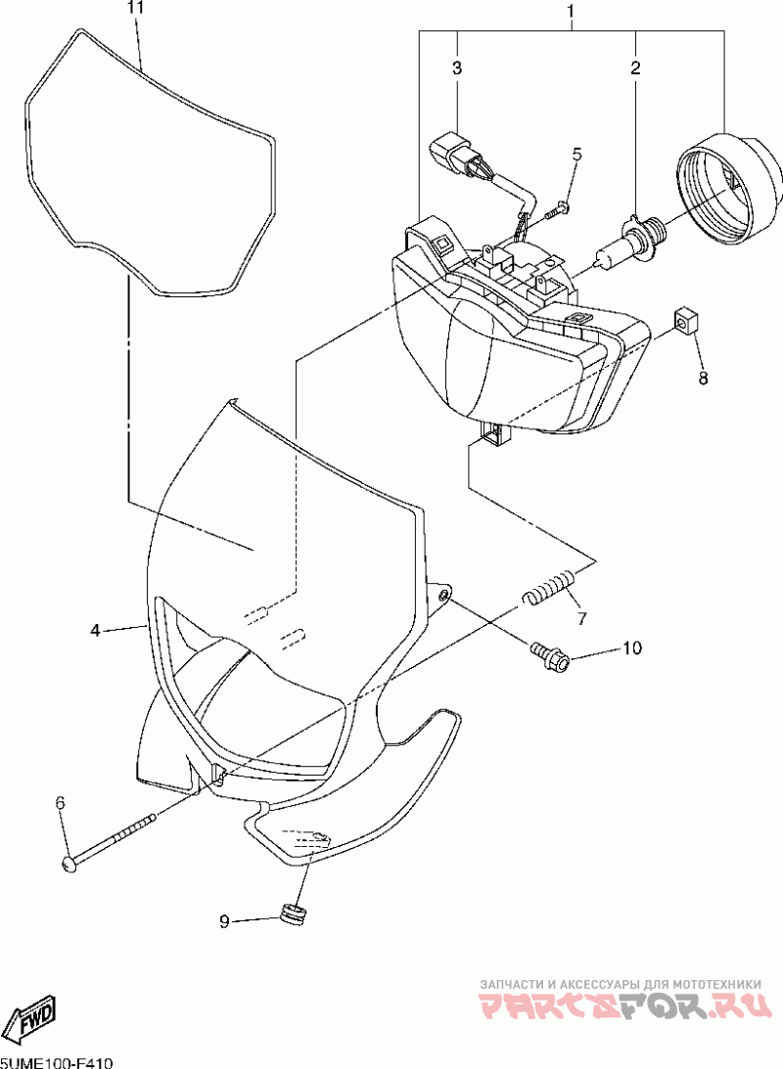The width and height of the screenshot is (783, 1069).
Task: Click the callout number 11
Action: pos(135,8)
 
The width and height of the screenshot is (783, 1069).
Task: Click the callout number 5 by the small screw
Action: pos(576,154)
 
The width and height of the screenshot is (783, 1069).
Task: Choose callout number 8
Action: pos(703,377)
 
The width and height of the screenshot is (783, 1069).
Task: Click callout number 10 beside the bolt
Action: pos(630,647)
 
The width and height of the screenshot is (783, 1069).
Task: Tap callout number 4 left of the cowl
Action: pos(95,631)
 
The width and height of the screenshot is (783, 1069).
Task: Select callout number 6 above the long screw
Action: pos(60,802)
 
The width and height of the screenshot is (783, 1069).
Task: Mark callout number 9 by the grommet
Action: pos(224,920)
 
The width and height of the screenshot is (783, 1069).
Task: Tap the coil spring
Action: pos(548,588)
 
